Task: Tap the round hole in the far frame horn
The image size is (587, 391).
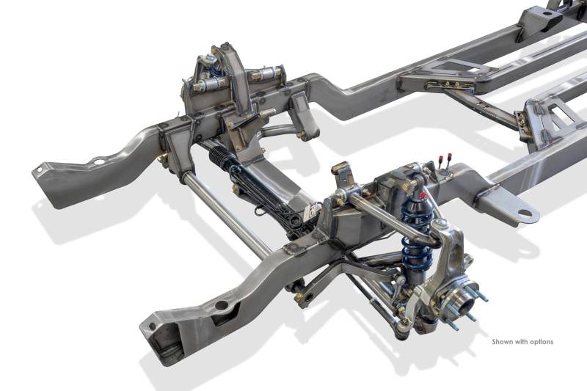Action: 99,161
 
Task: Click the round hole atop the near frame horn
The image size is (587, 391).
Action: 222,305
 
